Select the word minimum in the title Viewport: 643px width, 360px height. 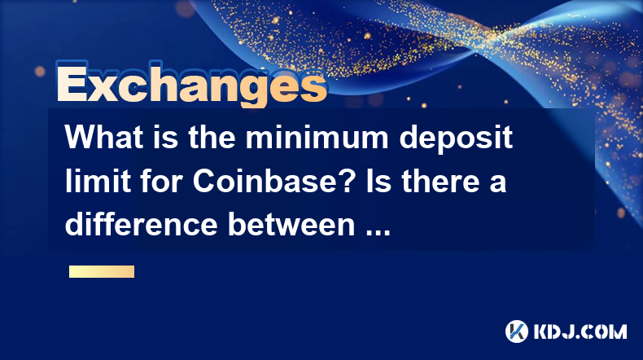coord(317,137)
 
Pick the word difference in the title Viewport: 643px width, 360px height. coord(141,225)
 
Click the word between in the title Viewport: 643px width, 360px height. coord(291,225)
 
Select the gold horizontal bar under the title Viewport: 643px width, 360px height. coord(102,271)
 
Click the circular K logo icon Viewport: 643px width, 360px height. coord(516,331)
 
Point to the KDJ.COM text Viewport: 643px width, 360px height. coord(580,331)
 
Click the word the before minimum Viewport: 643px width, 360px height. coord(212,137)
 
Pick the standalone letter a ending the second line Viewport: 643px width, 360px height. coord(497,185)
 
